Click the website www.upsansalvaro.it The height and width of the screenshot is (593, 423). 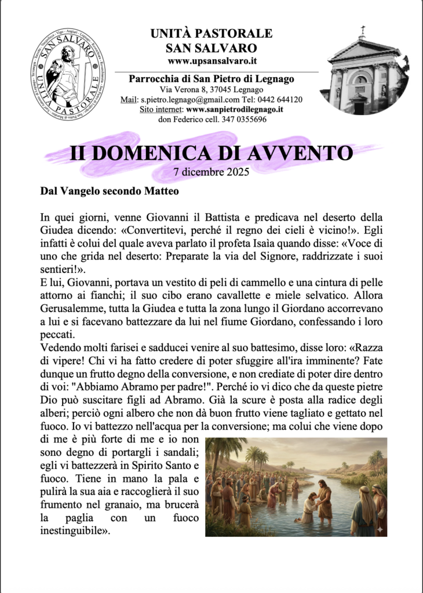coord(211,60)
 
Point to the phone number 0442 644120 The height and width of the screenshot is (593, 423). coord(282,100)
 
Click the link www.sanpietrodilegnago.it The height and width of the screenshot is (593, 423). coord(235,109)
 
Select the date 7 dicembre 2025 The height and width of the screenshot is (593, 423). coord(211,171)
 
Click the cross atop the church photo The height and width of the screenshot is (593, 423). coord(363,30)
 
